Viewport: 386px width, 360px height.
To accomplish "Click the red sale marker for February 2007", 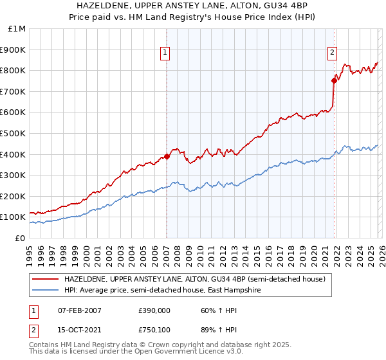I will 167,156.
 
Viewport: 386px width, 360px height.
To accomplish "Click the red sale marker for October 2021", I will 334,80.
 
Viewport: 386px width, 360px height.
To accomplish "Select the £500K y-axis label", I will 14,134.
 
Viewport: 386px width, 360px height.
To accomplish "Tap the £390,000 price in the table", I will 156,310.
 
